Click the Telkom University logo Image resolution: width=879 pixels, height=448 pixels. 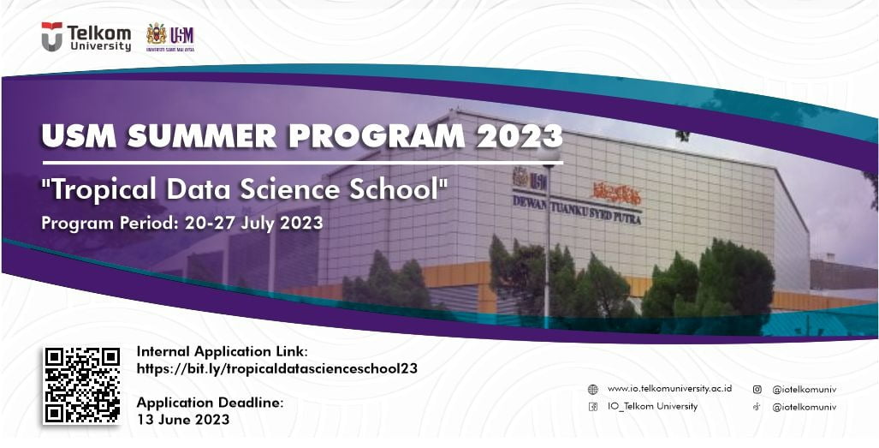[x=86, y=37]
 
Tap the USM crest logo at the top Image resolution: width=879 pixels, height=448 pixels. [x=170, y=35]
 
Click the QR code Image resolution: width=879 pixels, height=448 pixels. [x=82, y=385]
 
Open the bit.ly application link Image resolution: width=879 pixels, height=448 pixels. [x=277, y=368]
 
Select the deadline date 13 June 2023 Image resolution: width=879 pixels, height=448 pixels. [x=183, y=420]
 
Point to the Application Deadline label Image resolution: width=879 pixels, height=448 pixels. [x=210, y=403]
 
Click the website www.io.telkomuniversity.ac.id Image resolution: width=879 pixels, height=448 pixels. [x=669, y=389]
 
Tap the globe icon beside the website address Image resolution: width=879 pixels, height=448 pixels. [x=592, y=389]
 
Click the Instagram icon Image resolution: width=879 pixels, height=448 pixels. [x=757, y=389]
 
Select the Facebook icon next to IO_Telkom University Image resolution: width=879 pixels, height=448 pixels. [x=592, y=407]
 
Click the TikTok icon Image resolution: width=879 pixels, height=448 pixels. [x=757, y=407]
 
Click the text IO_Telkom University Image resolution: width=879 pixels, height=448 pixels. [x=652, y=407]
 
